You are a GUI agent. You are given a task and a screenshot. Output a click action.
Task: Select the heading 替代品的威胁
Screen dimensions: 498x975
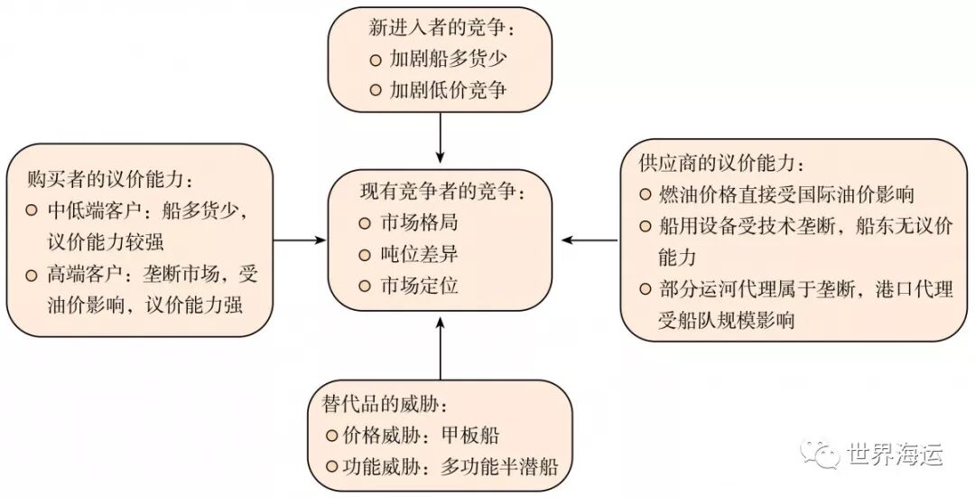(385, 402)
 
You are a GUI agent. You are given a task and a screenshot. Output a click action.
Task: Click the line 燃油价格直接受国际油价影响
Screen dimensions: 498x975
(785, 194)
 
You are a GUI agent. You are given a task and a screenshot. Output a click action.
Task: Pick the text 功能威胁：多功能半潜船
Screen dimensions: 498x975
(449, 467)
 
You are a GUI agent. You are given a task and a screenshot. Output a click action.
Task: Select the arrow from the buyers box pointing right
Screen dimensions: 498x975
(298, 240)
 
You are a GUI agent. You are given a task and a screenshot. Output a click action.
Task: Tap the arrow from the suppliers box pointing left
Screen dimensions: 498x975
(590, 240)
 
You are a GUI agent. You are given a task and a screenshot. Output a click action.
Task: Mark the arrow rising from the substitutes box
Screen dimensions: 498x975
(441, 348)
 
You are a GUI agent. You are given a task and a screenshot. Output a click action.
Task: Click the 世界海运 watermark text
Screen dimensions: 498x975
(896, 455)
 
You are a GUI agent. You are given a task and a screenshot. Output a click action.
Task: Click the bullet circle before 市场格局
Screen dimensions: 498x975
(364, 223)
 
